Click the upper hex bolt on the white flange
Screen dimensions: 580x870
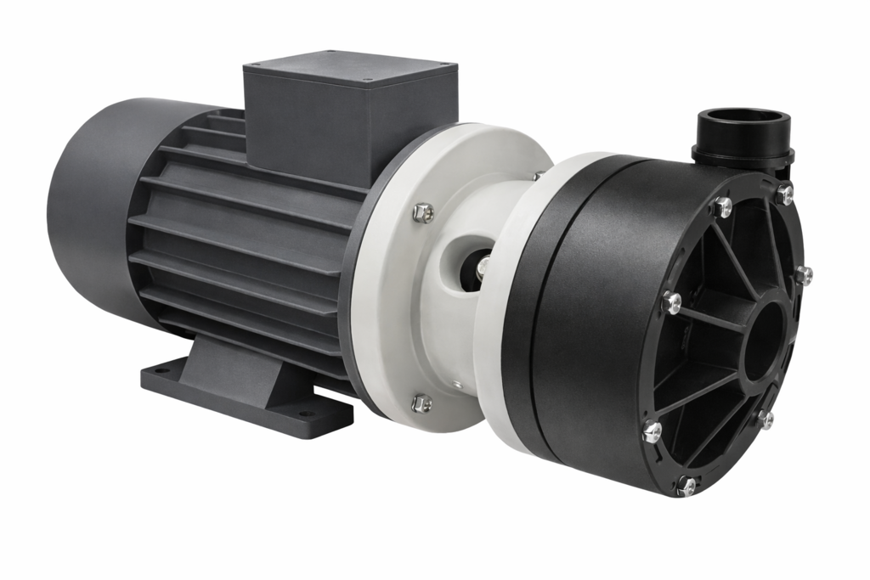(x=422, y=213)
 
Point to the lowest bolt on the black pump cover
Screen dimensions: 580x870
(x=686, y=485)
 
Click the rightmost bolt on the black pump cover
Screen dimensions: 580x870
(x=803, y=274)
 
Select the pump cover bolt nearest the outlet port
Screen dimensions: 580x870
(x=783, y=194)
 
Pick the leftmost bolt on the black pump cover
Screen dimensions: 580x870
(x=652, y=431)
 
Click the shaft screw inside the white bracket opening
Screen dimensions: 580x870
(x=483, y=269)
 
